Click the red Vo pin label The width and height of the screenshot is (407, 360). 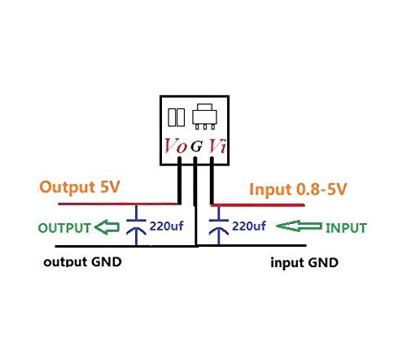point(174,147)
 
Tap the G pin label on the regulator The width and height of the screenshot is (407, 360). point(196,147)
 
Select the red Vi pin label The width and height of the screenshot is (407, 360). point(217,147)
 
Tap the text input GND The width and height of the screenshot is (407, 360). point(304,264)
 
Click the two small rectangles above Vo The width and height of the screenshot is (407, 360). point(176,119)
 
